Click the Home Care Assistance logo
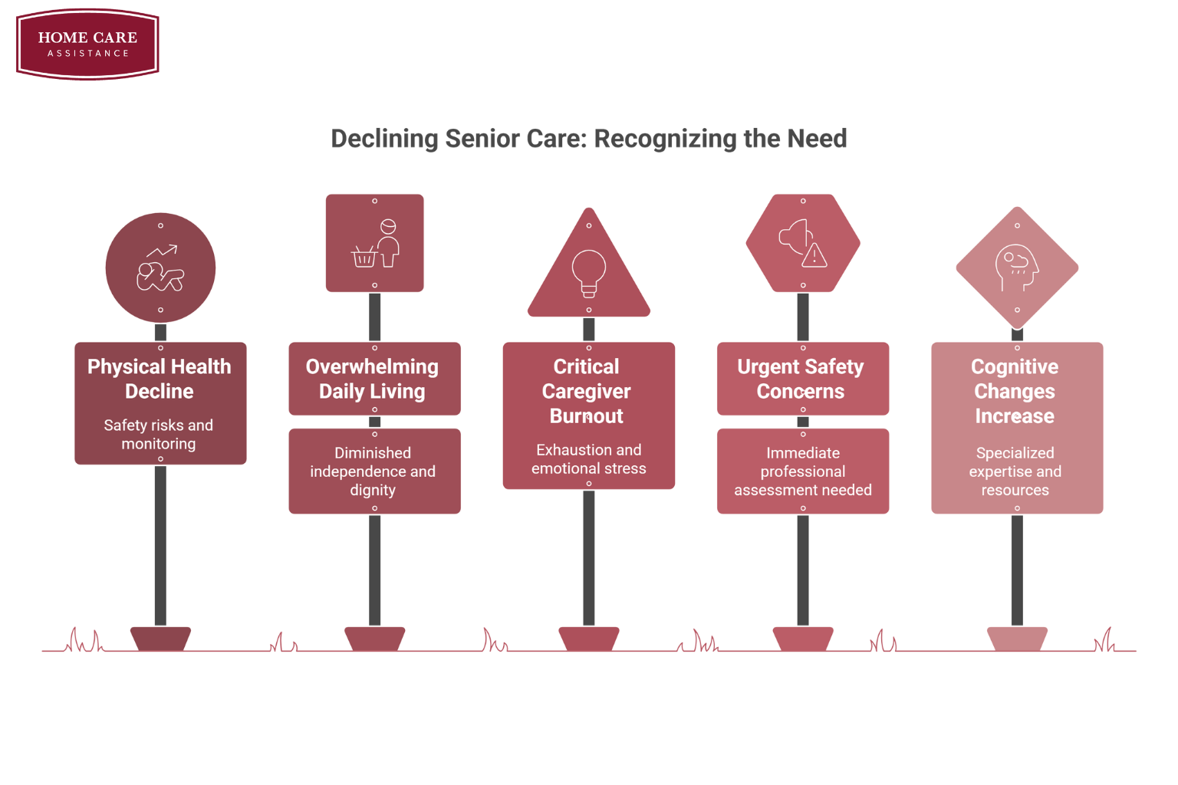click(x=87, y=44)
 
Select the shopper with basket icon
click(x=377, y=245)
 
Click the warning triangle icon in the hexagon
click(x=814, y=255)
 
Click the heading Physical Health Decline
click(x=160, y=379)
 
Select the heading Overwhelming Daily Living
click(x=373, y=379)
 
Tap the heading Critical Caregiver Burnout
click(x=587, y=391)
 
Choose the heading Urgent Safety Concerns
click(x=801, y=379)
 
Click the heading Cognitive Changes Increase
click(x=1015, y=391)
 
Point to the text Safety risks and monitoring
click(x=159, y=435)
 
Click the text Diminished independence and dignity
click(x=373, y=471)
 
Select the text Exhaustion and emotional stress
click(x=589, y=459)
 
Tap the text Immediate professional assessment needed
click(x=803, y=471)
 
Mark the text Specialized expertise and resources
click(x=1015, y=471)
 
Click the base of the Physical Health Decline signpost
click(x=160, y=639)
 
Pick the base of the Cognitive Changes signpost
click(x=1017, y=639)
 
